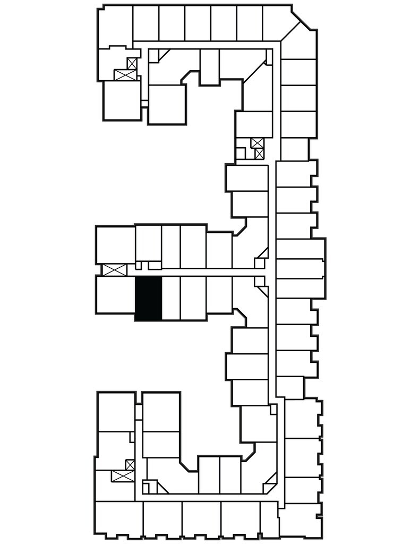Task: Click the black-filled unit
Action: (x=148, y=298)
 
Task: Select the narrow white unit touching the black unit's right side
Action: (x=170, y=298)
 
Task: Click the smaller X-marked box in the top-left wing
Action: (x=132, y=64)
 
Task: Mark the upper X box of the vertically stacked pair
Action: (x=258, y=142)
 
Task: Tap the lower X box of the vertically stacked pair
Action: (x=259, y=154)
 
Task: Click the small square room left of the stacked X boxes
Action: (x=241, y=154)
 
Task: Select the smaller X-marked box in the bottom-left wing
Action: (x=130, y=465)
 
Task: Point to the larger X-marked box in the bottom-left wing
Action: (x=121, y=476)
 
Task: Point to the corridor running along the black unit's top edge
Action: (x=191, y=271)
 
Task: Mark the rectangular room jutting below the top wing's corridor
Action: (x=209, y=66)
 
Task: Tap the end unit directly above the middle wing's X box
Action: (x=115, y=244)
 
